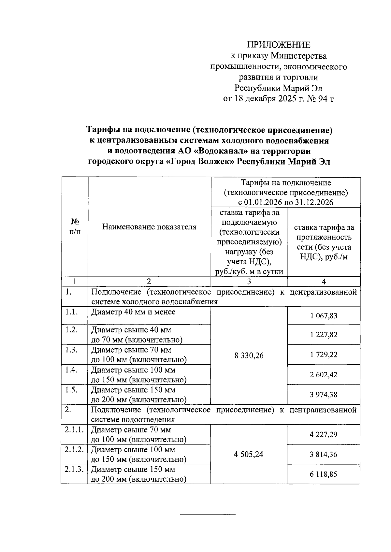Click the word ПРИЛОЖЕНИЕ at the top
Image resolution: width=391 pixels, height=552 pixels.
coord(279,45)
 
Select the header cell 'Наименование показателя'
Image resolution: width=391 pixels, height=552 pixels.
coord(149,227)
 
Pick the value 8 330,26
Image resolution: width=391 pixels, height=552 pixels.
coord(249,356)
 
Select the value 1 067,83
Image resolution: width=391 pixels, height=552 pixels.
coord(324,316)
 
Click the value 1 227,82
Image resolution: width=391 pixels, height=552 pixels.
coord(324,335)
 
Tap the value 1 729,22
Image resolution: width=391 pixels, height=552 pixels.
coord(324,355)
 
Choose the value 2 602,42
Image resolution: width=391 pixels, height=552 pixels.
coord(324,375)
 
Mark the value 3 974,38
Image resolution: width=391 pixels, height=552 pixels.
coord(324,395)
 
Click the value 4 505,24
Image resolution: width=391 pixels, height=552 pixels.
coord(249,454)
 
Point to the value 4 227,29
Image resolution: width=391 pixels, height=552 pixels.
coord(324,434)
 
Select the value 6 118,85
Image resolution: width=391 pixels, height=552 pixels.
coord(324,474)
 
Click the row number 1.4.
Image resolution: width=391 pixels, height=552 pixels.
coord(71,370)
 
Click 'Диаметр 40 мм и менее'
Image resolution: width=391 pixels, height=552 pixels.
coord(133,312)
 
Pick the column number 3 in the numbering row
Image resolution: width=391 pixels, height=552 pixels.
coord(249,282)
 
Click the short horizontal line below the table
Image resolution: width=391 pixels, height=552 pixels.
coord(208,515)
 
